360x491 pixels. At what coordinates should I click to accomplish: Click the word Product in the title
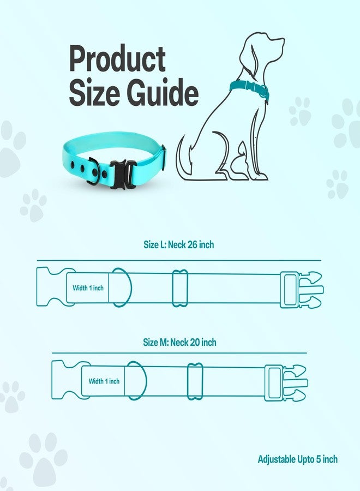coord(117,58)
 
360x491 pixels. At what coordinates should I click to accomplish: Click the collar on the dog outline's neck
coord(249,88)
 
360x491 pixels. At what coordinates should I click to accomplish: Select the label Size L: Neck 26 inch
coord(179,244)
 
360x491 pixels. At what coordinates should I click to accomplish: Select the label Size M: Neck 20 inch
coord(179,342)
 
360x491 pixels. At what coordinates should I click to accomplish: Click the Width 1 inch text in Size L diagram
coord(88,288)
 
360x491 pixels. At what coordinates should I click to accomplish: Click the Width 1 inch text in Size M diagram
coord(104,381)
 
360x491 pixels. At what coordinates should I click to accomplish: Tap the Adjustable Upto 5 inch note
coord(298,459)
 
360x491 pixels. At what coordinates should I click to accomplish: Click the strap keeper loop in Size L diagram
coord(180,288)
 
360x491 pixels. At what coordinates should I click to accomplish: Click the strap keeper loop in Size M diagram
coord(195,381)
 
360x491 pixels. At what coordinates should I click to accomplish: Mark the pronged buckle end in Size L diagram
coord(302,290)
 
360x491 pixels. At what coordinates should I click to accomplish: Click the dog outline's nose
coord(283,40)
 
